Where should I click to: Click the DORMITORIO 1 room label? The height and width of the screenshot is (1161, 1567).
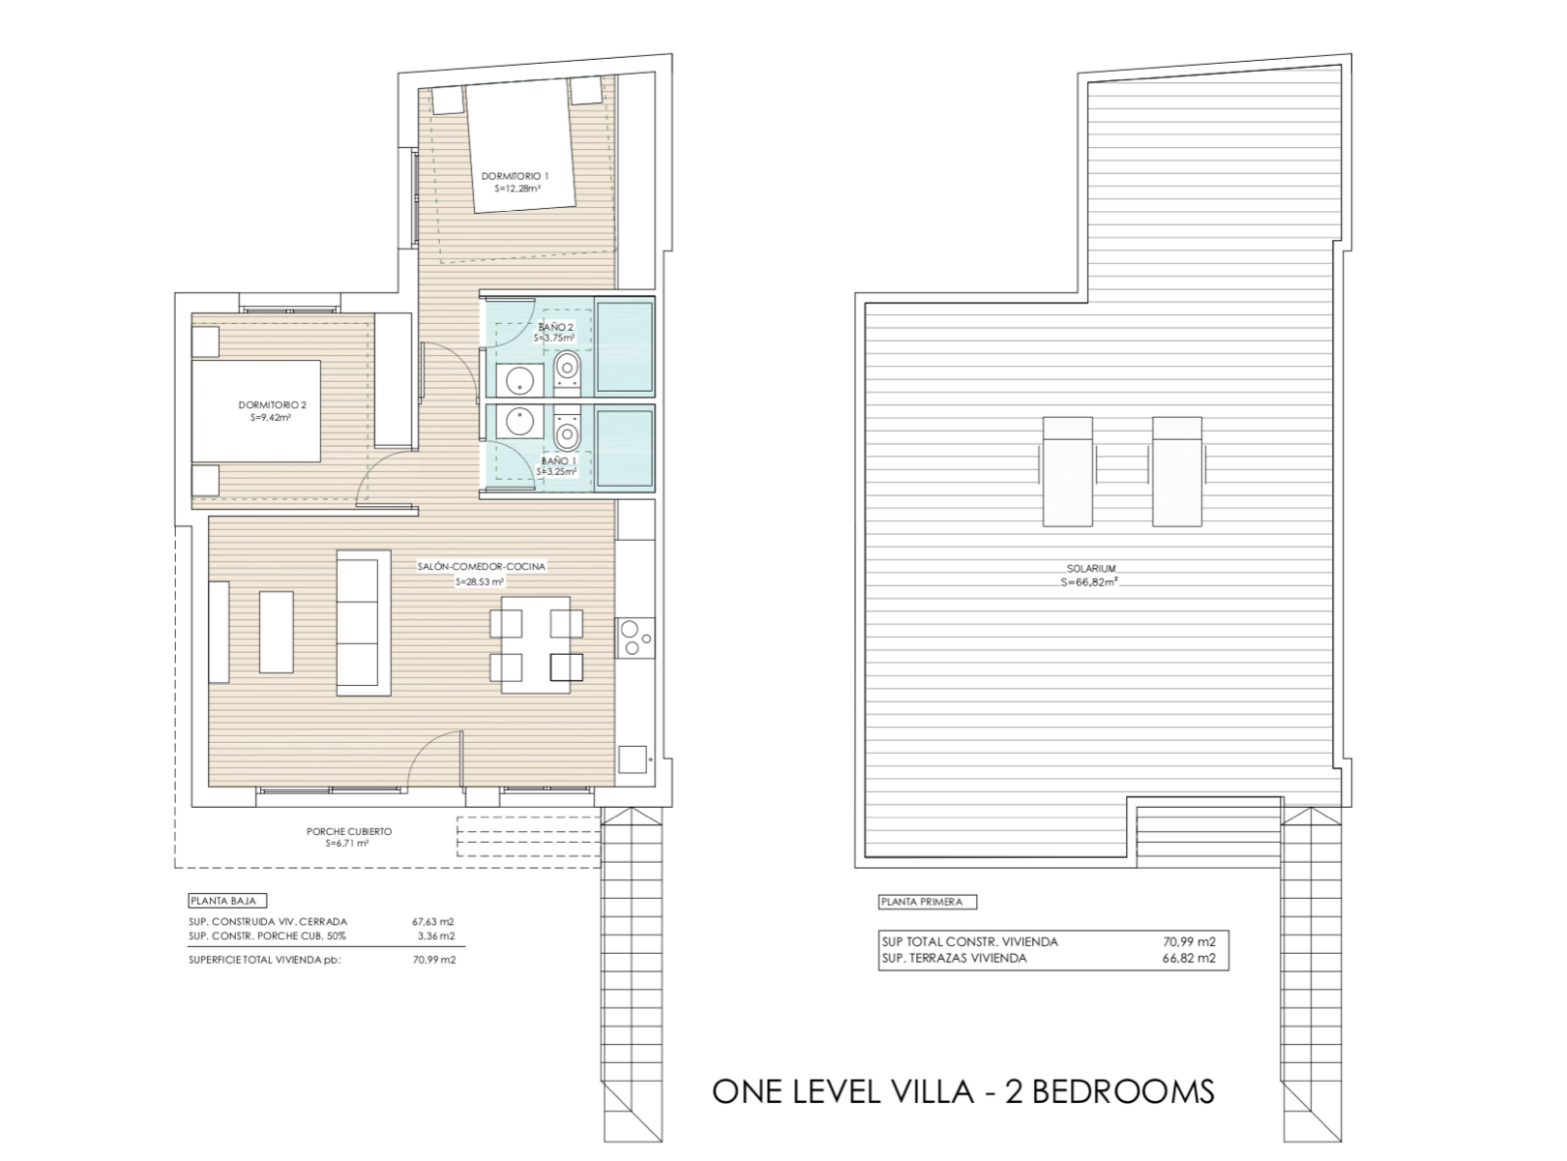(515, 176)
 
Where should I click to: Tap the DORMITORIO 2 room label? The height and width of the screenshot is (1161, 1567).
(272, 405)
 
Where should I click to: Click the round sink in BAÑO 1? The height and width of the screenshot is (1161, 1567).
(520, 423)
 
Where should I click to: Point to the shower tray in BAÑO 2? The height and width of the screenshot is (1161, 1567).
(625, 346)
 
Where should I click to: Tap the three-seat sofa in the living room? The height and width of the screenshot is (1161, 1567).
(364, 622)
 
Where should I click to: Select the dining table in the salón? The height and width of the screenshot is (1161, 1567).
(536, 644)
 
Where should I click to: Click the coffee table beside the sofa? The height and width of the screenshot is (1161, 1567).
(277, 632)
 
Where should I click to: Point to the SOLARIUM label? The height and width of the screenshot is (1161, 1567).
(1091, 568)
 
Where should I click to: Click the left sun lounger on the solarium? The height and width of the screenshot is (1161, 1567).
(1068, 471)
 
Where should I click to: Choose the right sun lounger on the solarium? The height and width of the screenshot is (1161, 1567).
(1177, 471)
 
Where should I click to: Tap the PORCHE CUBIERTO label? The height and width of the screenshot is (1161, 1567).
(349, 831)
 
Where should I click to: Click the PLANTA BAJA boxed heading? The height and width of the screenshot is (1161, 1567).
(227, 901)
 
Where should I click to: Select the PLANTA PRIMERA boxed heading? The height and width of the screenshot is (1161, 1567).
(928, 902)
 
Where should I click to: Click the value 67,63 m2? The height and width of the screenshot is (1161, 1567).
(433, 921)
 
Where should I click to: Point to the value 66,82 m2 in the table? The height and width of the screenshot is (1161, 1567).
(1189, 958)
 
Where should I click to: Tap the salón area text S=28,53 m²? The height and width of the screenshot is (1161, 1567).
(480, 582)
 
